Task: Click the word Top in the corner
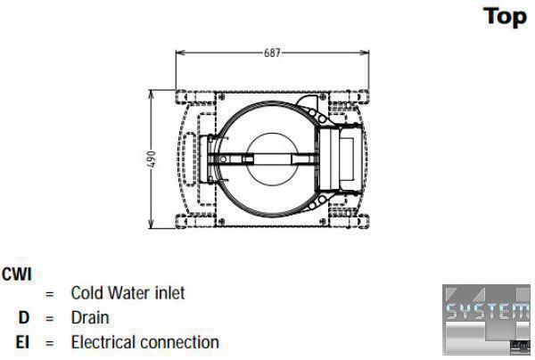[505, 17]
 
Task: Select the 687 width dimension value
[272, 53]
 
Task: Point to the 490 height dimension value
[152, 160]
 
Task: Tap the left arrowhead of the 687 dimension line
[180, 53]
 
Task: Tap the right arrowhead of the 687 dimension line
[365, 53]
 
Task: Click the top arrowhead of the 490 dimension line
[152, 94]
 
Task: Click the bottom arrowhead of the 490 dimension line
[152, 224]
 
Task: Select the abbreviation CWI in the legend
[16, 274]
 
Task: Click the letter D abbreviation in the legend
[24, 318]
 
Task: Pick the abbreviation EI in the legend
[22, 342]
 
